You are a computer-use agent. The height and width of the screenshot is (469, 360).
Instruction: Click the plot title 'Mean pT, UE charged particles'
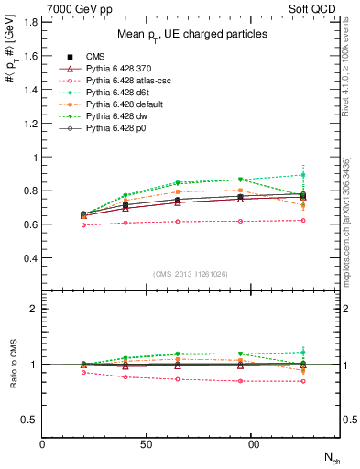(191, 34)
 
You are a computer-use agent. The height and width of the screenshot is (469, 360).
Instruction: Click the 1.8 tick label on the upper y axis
(31, 22)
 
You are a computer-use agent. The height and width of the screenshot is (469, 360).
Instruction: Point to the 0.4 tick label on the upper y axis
(31, 258)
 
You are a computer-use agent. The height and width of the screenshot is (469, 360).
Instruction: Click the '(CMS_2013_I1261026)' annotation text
(191, 272)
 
